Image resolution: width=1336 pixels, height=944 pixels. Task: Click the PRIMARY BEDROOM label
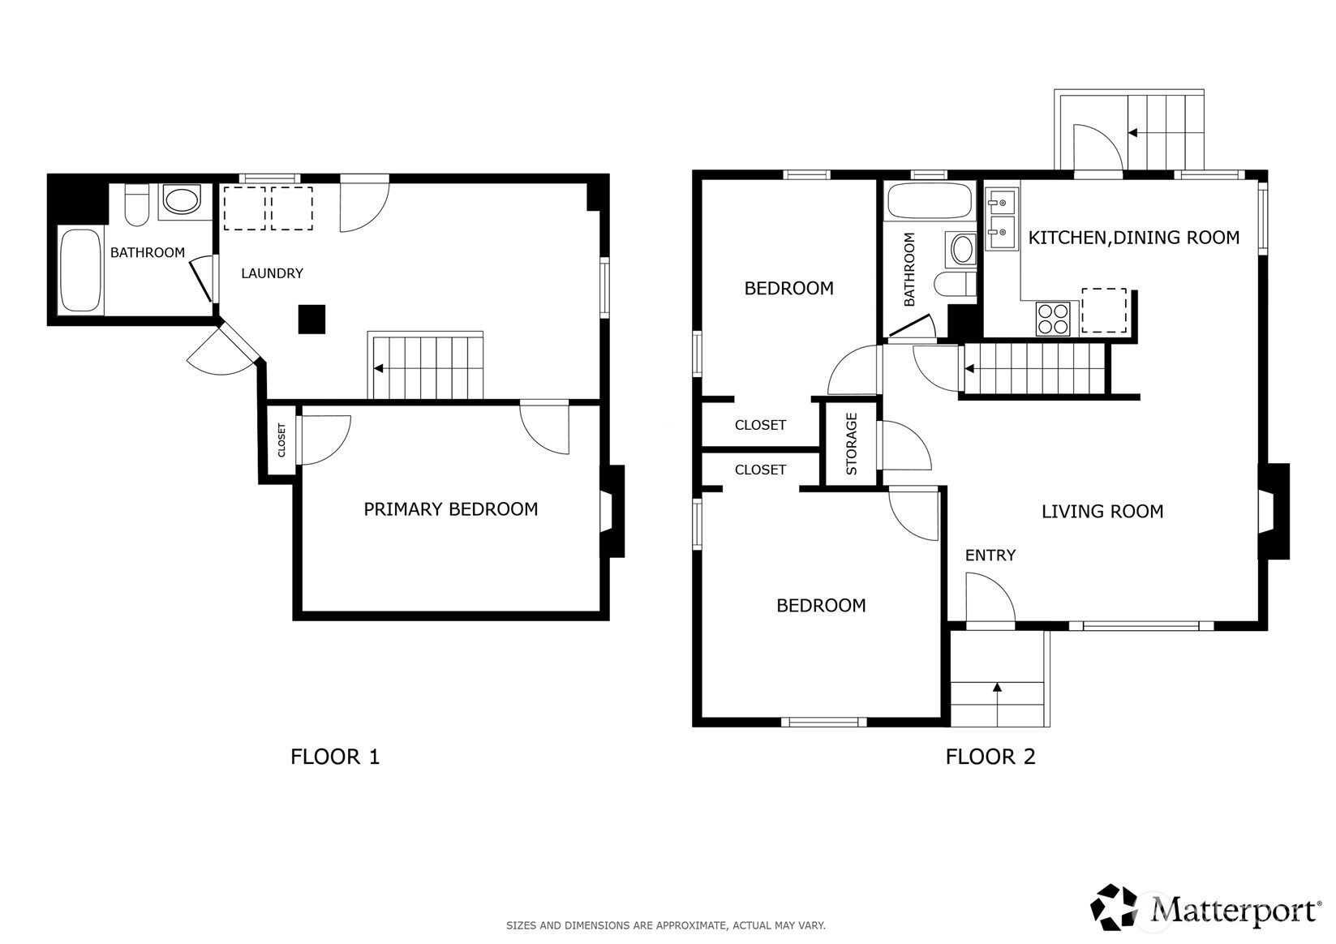click(x=450, y=509)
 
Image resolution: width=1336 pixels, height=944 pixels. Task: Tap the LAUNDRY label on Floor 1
click(x=272, y=273)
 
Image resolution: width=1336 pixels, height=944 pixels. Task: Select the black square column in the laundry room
click(x=311, y=319)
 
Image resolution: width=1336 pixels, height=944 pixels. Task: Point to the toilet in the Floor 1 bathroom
click(x=136, y=206)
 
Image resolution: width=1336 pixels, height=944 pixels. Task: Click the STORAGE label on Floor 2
click(x=852, y=444)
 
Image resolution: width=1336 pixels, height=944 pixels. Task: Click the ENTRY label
click(x=990, y=556)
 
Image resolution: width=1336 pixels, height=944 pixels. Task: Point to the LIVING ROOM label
click(x=1102, y=512)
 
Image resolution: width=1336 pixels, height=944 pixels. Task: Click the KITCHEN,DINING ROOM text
click(x=1133, y=238)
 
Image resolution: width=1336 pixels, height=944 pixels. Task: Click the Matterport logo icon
click(x=1115, y=907)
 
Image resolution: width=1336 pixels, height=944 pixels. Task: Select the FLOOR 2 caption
click(x=990, y=757)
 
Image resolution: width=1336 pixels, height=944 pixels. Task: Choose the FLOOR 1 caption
click(x=334, y=757)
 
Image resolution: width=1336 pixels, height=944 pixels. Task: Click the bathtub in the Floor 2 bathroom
click(x=930, y=200)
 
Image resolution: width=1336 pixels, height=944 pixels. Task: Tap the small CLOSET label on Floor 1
click(x=282, y=440)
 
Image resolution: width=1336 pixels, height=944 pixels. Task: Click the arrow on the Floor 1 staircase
click(x=379, y=368)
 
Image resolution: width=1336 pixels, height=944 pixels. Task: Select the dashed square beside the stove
click(x=1104, y=311)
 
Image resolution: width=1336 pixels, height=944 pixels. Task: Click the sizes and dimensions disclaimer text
click(x=665, y=925)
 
